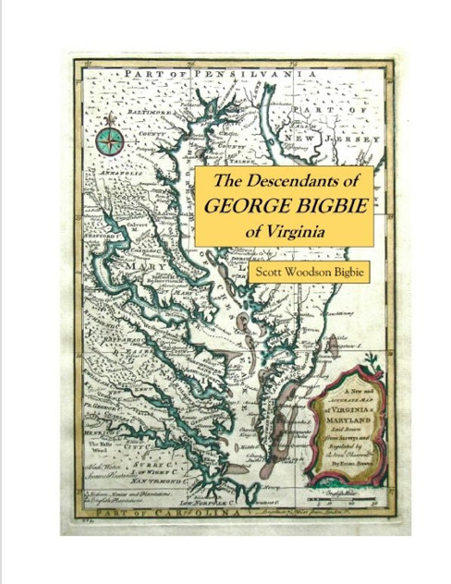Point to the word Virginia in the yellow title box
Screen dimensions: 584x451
click(x=294, y=231)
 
